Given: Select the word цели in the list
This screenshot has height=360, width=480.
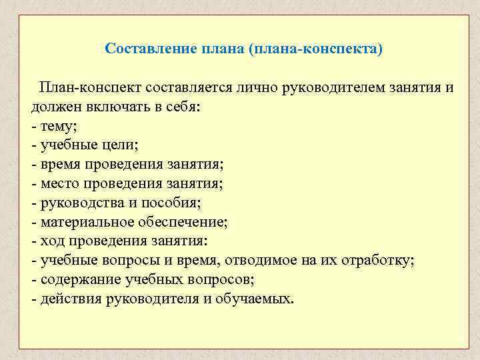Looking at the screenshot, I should click(x=119, y=145).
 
